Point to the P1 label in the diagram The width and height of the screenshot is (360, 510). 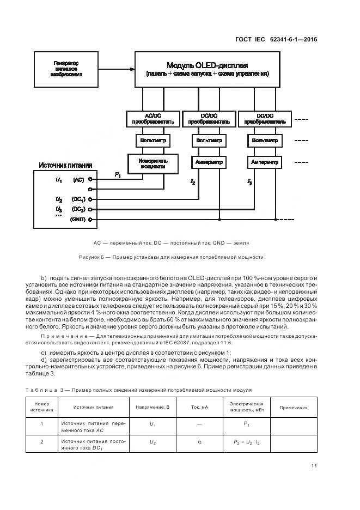[x=118, y=174]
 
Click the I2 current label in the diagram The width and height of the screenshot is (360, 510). [x=193, y=181]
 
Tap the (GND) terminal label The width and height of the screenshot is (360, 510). [x=78, y=219]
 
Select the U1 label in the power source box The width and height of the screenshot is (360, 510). [x=59, y=179]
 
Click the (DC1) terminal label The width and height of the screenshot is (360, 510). [x=78, y=199]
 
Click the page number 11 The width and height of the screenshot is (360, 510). [x=314, y=465]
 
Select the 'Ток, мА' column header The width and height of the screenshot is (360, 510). [x=200, y=408]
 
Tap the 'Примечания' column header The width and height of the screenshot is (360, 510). [x=293, y=408]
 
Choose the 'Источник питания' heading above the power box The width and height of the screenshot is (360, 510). [x=65, y=165]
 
